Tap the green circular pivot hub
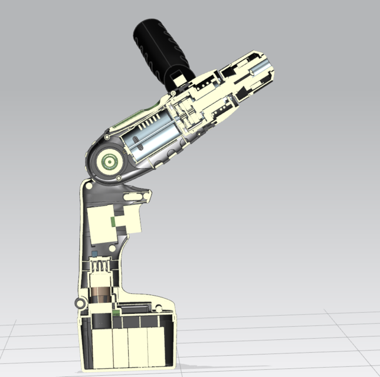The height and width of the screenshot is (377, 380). click(x=108, y=161)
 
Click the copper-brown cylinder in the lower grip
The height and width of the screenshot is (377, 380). click(x=102, y=295)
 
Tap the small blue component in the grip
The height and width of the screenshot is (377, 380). click(x=94, y=253)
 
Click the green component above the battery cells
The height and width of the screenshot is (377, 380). click(x=117, y=310)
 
